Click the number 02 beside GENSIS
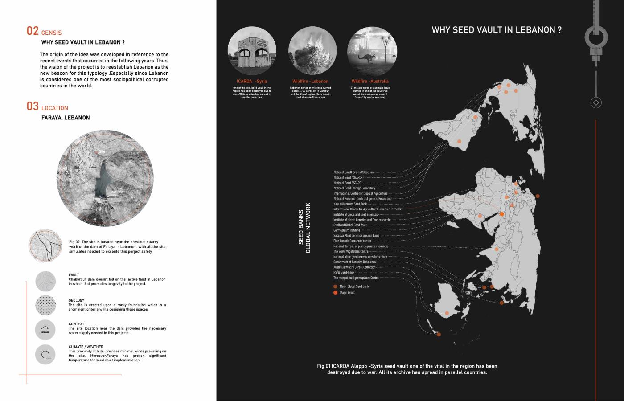point(33,31)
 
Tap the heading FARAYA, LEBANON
point(66,118)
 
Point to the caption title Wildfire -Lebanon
point(310,81)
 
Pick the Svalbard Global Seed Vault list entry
point(350,225)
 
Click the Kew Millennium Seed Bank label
point(350,204)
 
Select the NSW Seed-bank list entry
point(344,272)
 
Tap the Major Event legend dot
point(336,293)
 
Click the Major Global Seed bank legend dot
point(336,286)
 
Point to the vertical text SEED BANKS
point(301,227)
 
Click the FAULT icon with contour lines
point(45,281)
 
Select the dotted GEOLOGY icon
point(45,305)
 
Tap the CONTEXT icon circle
point(45,330)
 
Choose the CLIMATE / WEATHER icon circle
point(45,355)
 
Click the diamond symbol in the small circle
point(596,102)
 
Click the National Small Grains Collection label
point(353,172)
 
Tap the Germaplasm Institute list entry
point(346,230)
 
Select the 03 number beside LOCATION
point(33,106)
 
